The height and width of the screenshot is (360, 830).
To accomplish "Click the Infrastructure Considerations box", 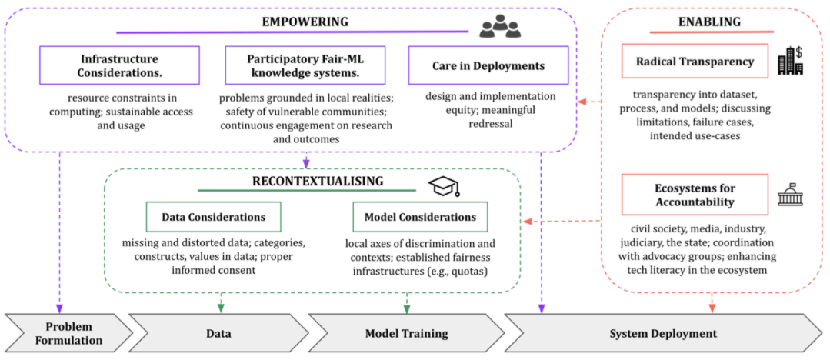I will coord(119,65).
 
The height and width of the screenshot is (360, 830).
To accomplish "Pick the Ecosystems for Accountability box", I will coord(695,195).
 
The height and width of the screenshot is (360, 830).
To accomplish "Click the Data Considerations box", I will coord(214,217).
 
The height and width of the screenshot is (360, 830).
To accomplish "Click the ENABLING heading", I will coord(709,22).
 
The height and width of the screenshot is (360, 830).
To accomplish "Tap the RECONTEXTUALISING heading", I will coord(318,181).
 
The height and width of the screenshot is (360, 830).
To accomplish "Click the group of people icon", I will coord(500,27).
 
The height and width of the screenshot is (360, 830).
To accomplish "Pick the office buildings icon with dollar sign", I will coord(790,62).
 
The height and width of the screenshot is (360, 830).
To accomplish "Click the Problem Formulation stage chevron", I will coord(65,333).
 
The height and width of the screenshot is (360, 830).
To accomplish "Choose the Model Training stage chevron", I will coord(405,333).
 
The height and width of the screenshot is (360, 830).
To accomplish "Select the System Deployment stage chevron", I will coord(663,333).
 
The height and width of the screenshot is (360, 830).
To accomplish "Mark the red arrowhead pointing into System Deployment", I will coord(712,308).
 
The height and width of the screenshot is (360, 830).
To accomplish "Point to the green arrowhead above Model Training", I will coord(405,308).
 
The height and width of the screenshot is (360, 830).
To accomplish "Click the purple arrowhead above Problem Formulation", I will coord(59,308).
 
